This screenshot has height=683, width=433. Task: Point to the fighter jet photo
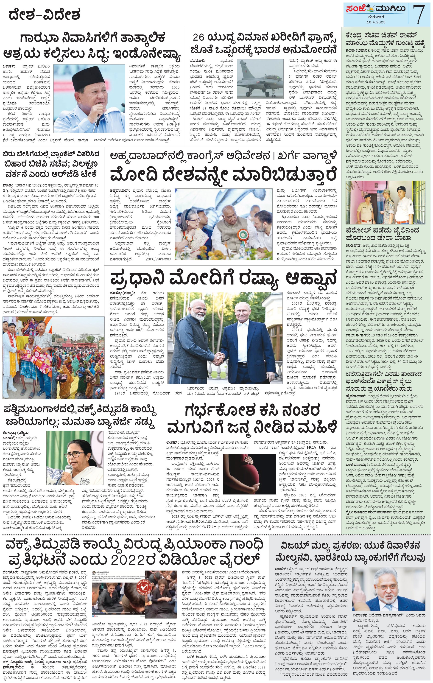[x=260, y=79]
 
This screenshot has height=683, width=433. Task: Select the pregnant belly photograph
[x=249, y=474]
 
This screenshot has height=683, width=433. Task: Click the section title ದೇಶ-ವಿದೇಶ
[x=45, y=14]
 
